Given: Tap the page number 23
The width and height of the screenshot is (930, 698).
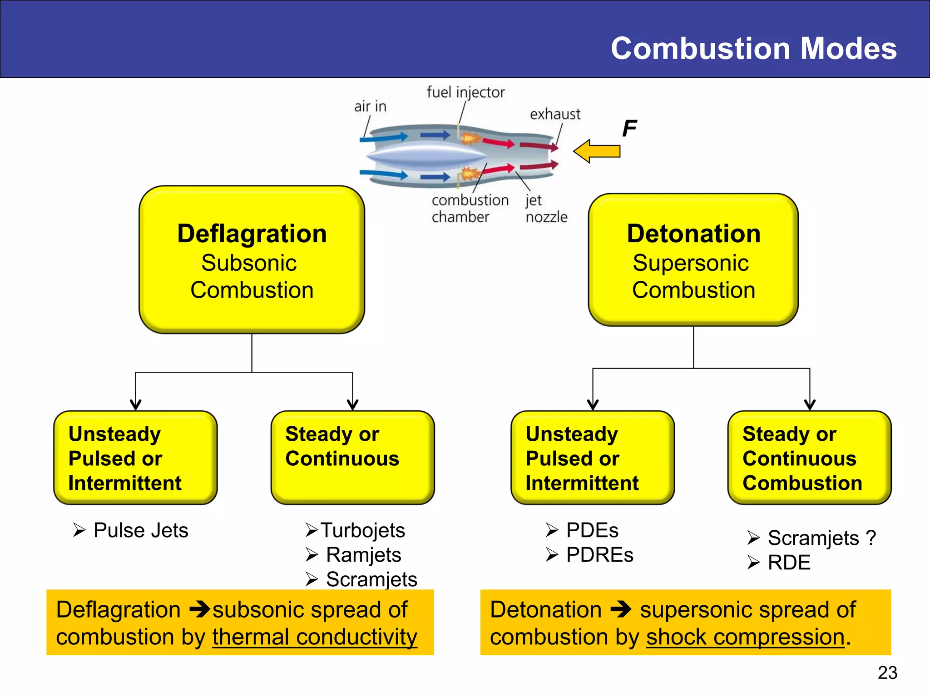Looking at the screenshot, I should tap(887, 673).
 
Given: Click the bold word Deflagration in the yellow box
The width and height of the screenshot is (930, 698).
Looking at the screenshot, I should tap(252, 234).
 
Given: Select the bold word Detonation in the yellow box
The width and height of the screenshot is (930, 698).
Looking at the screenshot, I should tap(693, 234).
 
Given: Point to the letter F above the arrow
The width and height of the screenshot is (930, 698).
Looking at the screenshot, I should tap(629, 128).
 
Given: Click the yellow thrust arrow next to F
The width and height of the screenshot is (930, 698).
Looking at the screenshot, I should tap(597, 151).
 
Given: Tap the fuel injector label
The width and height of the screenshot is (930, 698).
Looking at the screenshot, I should tap(465, 92).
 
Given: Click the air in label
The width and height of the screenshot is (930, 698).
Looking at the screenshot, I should tap(370, 106).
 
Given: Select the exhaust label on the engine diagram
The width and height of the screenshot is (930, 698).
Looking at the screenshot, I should tap(555, 114).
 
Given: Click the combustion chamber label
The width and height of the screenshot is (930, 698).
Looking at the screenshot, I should tap(470, 209).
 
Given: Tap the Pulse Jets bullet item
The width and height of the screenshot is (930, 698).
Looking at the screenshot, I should tap(140, 530).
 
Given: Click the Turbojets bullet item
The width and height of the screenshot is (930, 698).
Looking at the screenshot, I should tap(362, 530).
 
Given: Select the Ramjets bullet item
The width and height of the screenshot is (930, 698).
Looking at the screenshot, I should tap(363, 555).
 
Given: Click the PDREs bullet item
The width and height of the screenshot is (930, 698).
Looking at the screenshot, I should tap(599, 555).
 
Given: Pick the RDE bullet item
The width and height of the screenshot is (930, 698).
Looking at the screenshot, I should tap(789, 563).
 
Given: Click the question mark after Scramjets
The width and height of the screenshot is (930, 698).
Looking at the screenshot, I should tap(871, 538).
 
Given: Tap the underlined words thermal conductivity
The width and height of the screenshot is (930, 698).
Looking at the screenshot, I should tap(314, 637).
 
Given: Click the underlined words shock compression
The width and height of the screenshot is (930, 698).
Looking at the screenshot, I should tap(745, 637).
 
